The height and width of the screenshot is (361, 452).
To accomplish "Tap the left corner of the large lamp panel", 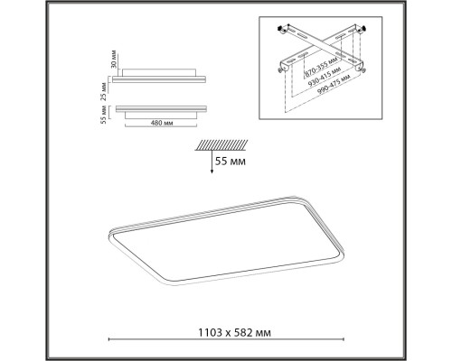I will [109, 233].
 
